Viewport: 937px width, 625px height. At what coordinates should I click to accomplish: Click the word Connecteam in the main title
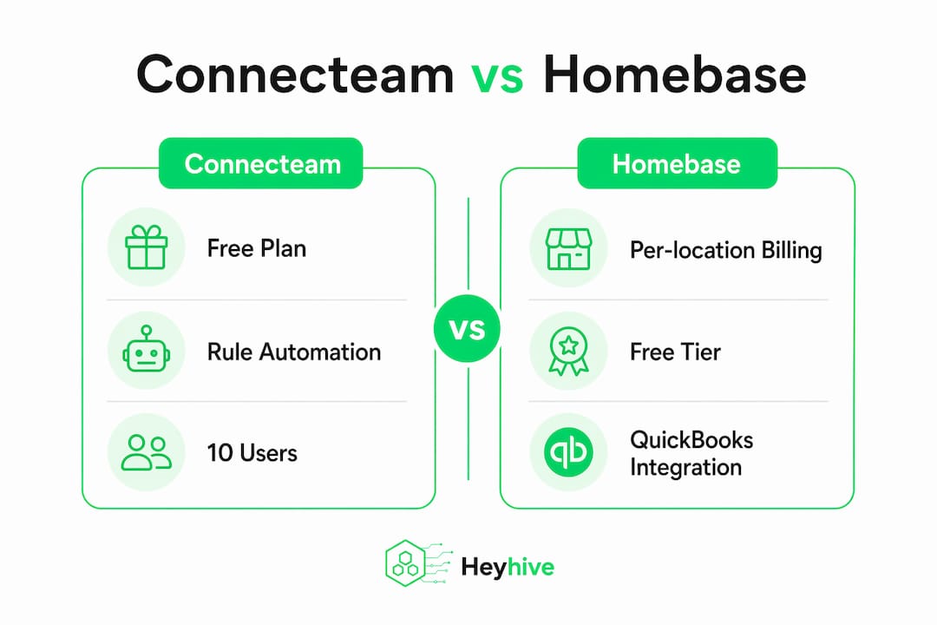tap(295, 75)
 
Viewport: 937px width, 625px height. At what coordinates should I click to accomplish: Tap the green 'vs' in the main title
tap(497, 78)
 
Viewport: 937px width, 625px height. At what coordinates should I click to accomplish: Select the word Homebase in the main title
tap(675, 75)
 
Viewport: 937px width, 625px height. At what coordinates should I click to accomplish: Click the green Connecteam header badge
tap(261, 163)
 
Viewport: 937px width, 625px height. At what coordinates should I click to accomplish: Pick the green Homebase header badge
tap(677, 163)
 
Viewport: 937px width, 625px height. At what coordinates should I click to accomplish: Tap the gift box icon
tap(147, 247)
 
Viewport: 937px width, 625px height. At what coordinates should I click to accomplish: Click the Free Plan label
tap(256, 248)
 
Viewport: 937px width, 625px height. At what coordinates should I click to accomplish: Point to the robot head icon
tap(147, 349)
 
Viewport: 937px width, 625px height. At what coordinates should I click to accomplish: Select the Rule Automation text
tap(294, 352)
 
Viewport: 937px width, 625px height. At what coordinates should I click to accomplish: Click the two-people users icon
tap(147, 452)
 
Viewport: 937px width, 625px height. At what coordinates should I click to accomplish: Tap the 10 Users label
tap(252, 453)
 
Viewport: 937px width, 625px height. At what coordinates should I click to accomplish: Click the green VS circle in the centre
tap(468, 328)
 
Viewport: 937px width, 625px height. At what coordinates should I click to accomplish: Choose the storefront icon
tap(568, 248)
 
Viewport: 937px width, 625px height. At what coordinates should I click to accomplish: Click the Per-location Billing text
tap(726, 250)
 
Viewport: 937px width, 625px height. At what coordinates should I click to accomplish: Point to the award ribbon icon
tap(568, 351)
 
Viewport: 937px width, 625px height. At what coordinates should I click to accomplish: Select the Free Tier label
tap(675, 352)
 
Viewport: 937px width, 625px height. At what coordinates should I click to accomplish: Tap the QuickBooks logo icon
tap(568, 452)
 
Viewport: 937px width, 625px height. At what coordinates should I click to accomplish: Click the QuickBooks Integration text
tap(691, 453)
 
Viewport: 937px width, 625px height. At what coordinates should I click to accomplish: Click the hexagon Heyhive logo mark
tap(406, 563)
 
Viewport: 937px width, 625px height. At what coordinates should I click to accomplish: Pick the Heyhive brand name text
tap(508, 566)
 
